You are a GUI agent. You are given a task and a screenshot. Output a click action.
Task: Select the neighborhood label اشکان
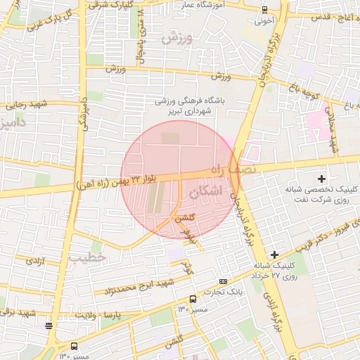pos(205,191)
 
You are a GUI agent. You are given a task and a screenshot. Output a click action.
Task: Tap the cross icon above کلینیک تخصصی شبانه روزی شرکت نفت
pos(322,179)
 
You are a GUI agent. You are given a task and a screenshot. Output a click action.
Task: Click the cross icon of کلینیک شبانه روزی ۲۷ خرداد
pos(274,253)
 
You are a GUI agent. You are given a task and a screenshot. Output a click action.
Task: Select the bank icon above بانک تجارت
pos(223,281)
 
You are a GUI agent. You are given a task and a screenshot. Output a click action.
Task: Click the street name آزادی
pos(34,261)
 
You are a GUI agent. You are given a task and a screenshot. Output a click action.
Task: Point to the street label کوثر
pos(187,268)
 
